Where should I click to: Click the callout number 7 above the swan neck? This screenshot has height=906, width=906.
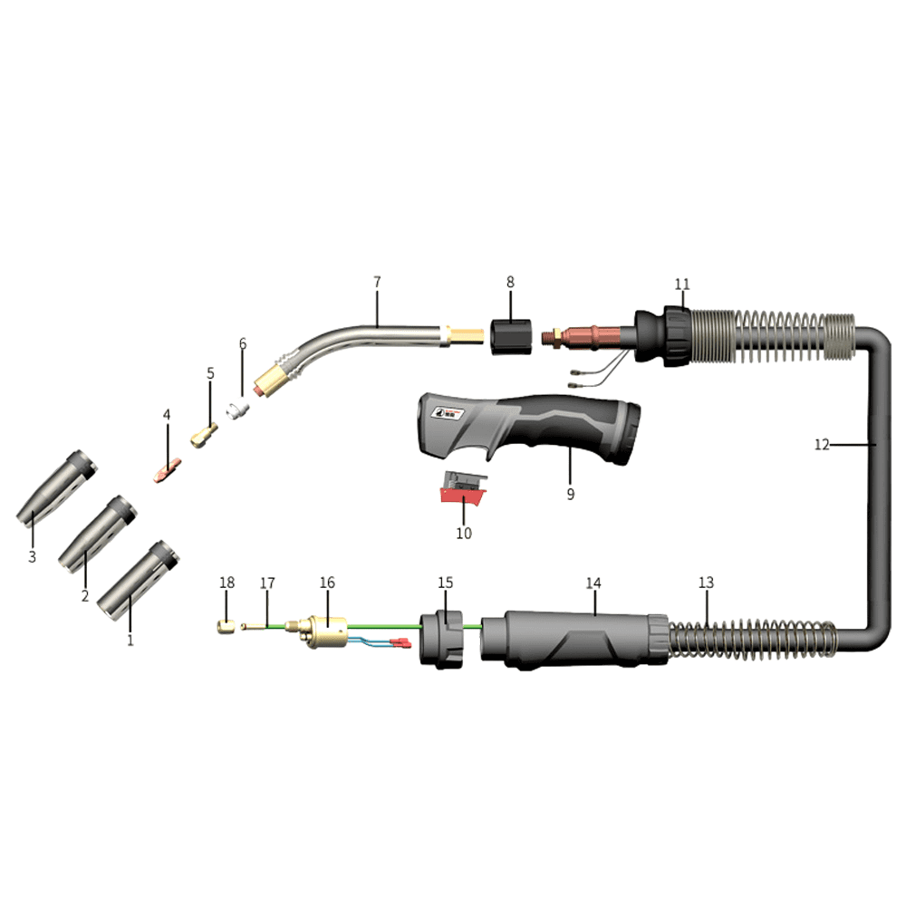coord(377,282)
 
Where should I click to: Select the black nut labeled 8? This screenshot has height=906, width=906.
coord(510,336)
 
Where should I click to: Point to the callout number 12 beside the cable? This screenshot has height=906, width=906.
coord(822,444)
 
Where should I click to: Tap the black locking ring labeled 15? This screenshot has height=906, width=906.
coord(443,639)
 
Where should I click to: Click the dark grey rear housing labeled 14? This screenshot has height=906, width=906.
coord(575,639)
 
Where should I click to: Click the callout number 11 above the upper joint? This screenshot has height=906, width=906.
coord(681,284)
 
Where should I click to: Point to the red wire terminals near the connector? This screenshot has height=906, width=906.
coord(399,644)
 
